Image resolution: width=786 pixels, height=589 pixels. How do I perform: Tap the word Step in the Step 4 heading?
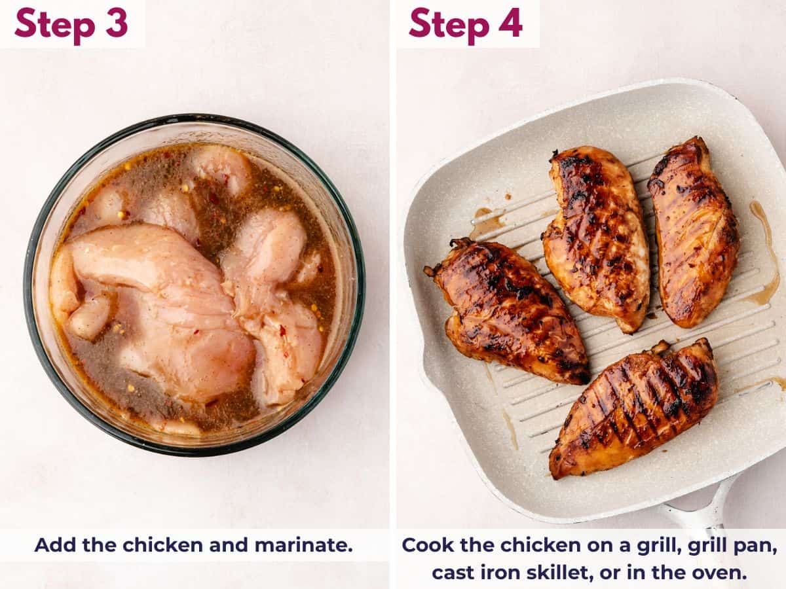[x=449, y=24]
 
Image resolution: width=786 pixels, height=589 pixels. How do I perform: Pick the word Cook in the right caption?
[x=425, y=545]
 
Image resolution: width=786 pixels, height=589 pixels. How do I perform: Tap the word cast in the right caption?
[x=455, y=573]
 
